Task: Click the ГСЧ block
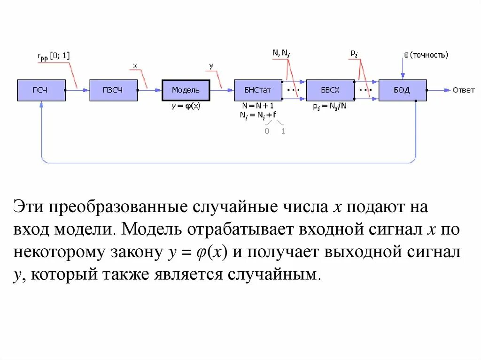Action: click(41, 90)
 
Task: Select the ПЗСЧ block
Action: click(114, 90)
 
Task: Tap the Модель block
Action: click(186, 90)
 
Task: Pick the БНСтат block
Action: click(258, 90)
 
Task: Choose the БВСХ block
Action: click(330, 90)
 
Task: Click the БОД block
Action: click(403, 90)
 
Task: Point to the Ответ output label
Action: click(463, 90)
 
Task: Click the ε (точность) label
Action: click(426, 55)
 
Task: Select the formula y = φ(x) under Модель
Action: click(186, 106)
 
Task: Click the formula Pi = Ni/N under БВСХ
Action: click(330, 107)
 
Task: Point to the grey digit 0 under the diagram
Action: click(267, 131)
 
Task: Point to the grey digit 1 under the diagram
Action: click(283, 131)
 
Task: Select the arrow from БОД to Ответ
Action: click(439, 90)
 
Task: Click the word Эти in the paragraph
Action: click(30, 207)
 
